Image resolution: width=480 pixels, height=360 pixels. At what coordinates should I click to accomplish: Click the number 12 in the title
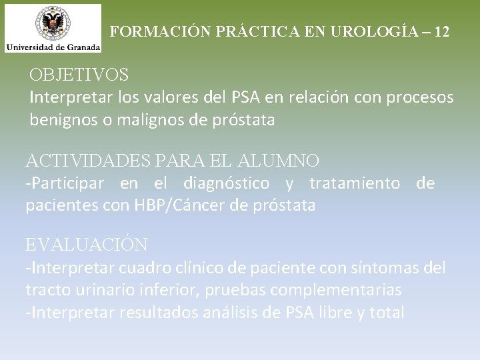pyautogui.click(x=441, y=31)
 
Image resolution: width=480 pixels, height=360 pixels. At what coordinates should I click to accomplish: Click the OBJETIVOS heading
pyautogui.click(x=79, y=73)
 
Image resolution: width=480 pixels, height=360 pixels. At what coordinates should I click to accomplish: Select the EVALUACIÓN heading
pyautogui.click(x=87, y=245)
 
